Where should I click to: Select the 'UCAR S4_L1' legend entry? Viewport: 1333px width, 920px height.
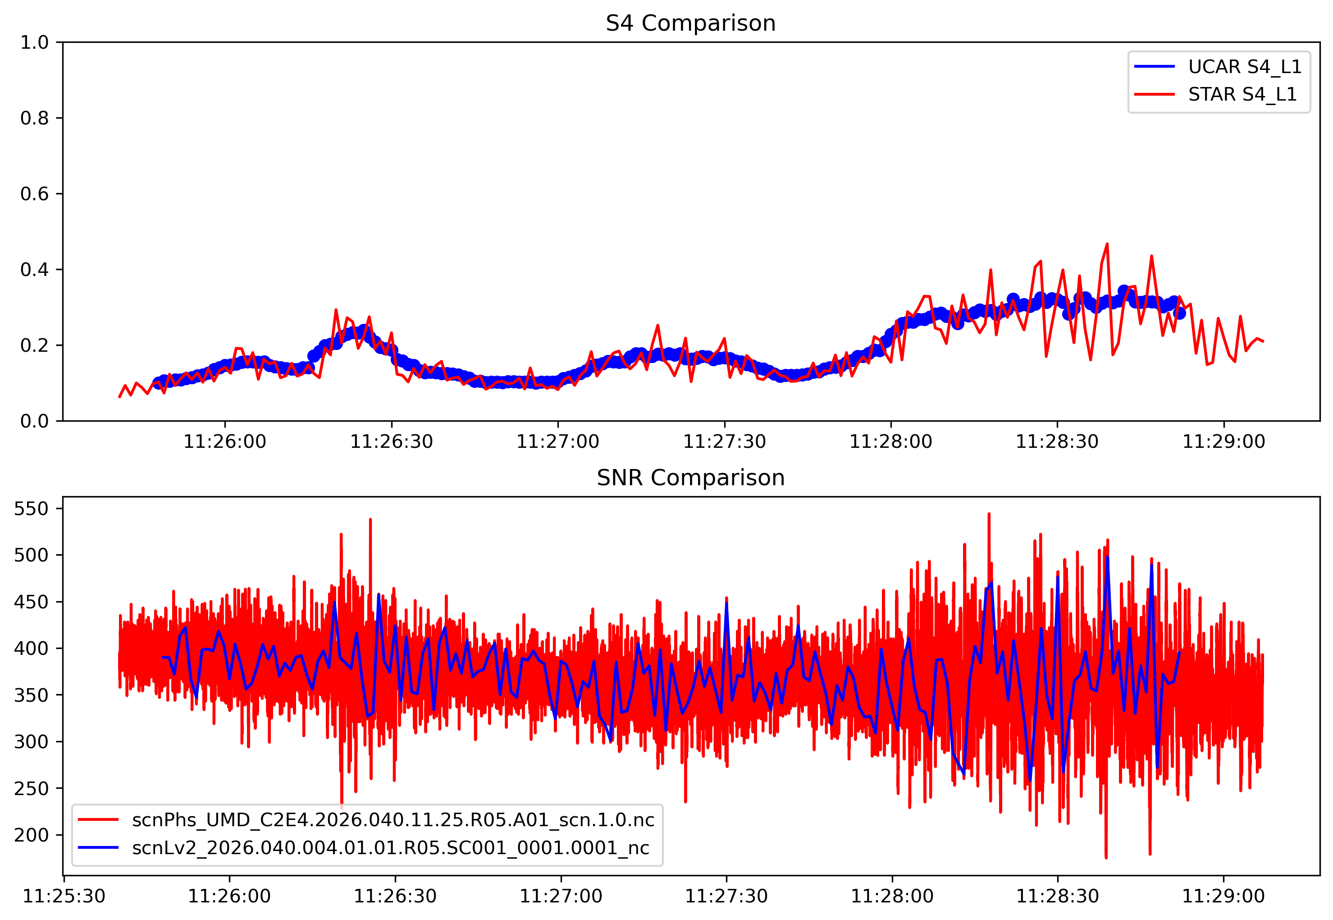pos(1244,67)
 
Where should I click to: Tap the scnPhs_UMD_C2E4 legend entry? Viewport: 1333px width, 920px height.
pos(393,820)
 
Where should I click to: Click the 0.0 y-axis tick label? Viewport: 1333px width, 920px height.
pos(35,421)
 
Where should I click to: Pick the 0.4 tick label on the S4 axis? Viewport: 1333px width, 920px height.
pos(35,270)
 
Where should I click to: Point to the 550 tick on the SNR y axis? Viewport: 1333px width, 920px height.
pos(31,508)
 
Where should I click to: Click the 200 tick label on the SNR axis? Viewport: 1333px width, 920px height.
pos(31,835)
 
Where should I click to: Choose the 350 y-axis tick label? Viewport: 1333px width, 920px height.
pos(31,695)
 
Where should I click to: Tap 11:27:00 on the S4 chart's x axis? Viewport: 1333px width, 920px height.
pos(557,442)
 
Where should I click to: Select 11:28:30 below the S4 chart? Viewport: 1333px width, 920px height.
pos(1057,442)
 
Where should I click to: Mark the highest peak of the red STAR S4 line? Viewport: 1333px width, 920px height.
pos(1107,244)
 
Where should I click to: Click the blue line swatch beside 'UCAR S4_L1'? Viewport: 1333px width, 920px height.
pos(1155,67)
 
